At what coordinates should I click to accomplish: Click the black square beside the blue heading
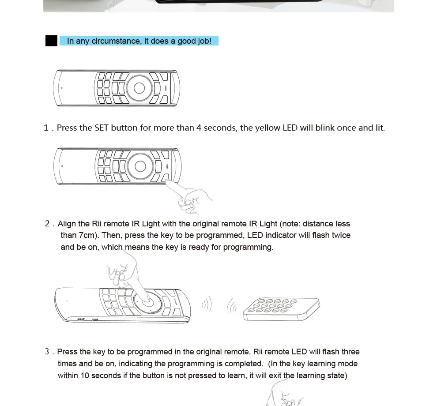(51, 41)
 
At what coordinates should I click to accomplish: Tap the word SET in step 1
(102, 128)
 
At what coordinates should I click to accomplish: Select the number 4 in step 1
(199, 128)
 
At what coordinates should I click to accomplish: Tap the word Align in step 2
(67, 224)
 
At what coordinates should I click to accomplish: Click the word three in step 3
(350, 352)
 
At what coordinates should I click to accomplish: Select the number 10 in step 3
(85, 376)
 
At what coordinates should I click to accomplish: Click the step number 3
(47, 351)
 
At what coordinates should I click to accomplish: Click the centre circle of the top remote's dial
(139, 88)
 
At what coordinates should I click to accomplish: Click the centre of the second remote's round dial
(140, 167)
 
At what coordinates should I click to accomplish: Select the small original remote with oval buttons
(282, 309)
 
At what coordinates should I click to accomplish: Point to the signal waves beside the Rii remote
(207, 304)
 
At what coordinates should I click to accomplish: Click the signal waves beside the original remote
(232, 306)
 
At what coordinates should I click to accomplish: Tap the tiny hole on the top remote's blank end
(62, 88)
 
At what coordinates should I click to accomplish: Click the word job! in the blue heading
(204, 41)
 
